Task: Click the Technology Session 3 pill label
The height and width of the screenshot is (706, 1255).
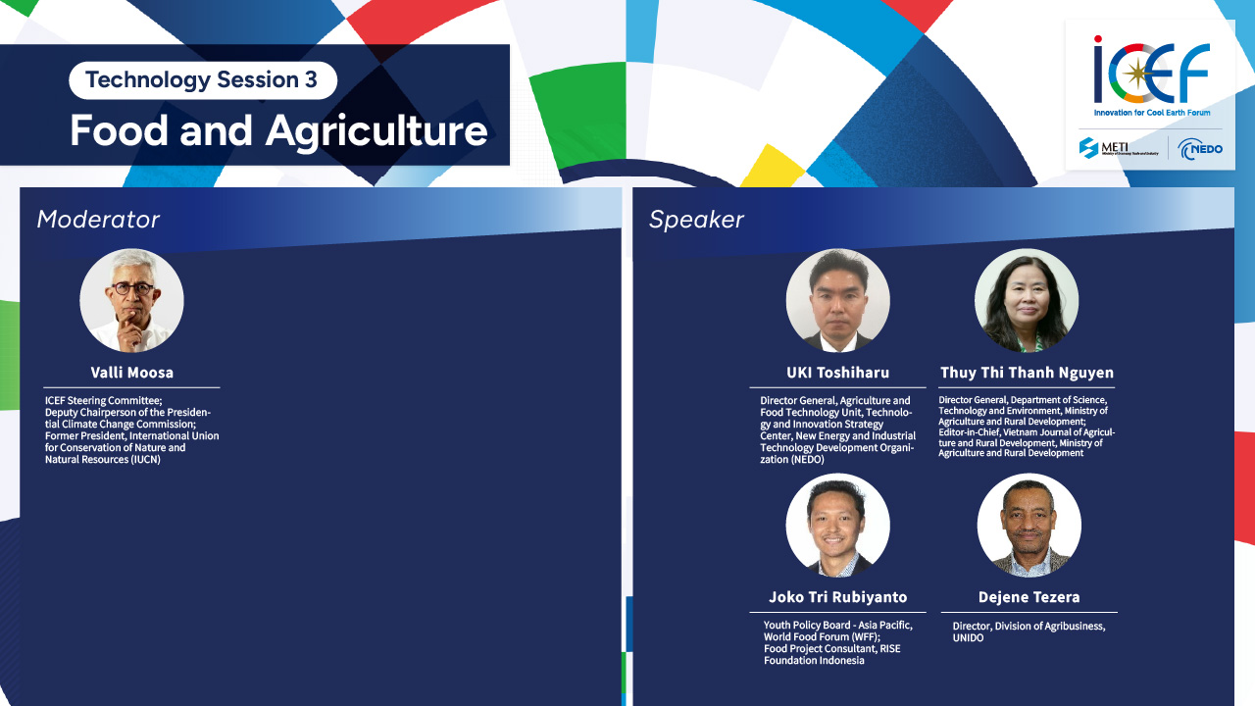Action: [x=203, y=80]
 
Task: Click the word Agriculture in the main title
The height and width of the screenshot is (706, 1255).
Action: [x=376, y=132]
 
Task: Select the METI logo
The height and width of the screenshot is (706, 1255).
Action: [x=1118, y=148]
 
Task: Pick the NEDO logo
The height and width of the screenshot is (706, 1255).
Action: [x=1199, y=149]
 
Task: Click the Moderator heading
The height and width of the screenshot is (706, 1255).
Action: [x=98, y=220]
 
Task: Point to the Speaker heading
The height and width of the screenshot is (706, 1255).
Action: [x=696, y=220]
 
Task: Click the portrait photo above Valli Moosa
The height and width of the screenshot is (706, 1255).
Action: [x=131, y=300]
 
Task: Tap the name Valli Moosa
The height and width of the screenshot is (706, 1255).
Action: [x=131, y=373]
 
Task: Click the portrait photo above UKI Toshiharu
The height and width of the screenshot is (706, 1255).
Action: [x=837, y=300]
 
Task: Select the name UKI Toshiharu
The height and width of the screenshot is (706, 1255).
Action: [x=837, y=373]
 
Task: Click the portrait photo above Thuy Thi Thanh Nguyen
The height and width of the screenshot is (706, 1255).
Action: [x=1027, y=300]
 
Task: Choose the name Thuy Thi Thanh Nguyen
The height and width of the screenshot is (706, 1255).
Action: [x=1027, y=373]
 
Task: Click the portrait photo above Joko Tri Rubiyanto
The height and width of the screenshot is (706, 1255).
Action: [x=837, y=525]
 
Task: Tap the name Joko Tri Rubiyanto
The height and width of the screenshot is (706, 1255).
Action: [x=837, y=597]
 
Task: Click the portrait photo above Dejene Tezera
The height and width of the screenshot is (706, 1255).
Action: [x=1029, y=525]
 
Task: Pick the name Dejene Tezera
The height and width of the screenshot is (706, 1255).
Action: [x=1029, y=597]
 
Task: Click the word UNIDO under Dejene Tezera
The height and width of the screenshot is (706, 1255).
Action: [x=968, y=638]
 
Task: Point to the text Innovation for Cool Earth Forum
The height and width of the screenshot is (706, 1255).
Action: [x=1152, y=113]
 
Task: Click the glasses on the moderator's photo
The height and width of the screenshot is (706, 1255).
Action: [x=132, y=289]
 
